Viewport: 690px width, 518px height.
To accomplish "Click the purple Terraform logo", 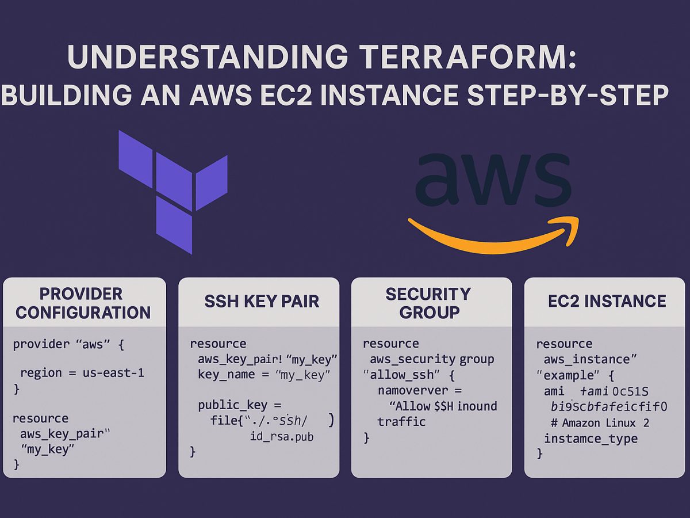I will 172,190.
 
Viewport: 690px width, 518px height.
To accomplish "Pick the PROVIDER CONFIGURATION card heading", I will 83,303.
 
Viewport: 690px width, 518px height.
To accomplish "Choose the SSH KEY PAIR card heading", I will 262,301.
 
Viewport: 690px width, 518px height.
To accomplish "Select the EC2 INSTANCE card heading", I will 607,301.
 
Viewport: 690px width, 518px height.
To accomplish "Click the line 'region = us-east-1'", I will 82,373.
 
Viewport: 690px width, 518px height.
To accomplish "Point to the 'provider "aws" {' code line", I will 68,344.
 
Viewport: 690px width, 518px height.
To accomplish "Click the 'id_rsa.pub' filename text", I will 282,437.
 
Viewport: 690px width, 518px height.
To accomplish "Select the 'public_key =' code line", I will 240,405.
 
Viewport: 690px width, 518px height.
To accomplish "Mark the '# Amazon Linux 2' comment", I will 600,423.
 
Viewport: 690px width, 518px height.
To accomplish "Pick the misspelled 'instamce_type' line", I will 591,439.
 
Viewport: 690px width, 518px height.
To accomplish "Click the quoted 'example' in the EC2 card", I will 569,375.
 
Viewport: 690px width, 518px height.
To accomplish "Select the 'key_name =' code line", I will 264,375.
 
